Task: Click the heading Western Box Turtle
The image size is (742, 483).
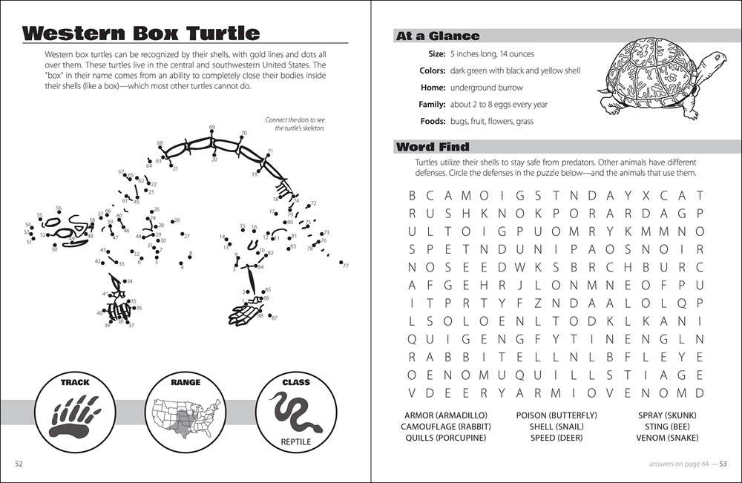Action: (x=141, y=33)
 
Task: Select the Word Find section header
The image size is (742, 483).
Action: (x=433, y=147)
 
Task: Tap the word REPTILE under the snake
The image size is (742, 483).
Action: (x=296, y=443)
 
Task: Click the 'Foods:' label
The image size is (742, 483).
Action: (x=431, y=122)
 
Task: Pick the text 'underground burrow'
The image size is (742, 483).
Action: (x=486, y=88)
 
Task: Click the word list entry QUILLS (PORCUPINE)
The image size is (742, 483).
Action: (x=446, y=438)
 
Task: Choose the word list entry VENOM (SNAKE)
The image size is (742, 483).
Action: (x=669, y=438)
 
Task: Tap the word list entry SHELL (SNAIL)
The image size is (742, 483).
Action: (x=556, y=426)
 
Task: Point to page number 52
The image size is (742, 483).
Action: (x=20, y=464)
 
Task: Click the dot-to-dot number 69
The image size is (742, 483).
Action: (x=212, y=127)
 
